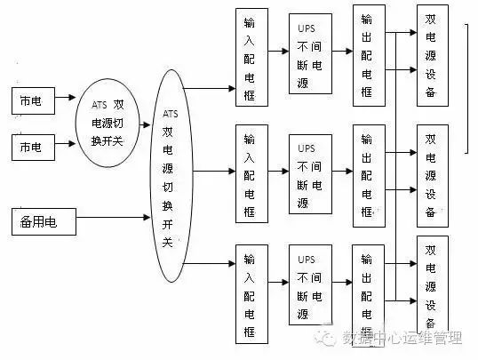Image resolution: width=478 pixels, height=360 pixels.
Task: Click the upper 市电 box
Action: click(32, 101)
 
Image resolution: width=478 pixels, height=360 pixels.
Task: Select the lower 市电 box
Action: click(32, 146)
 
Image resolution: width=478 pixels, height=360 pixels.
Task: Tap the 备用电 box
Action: click(44, 219)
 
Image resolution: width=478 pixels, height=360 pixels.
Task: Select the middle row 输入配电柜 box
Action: click(251, 173)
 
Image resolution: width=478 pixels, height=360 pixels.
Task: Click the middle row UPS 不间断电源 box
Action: click(309, 173)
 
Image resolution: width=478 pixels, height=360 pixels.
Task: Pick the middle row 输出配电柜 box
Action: click(369, 173)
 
